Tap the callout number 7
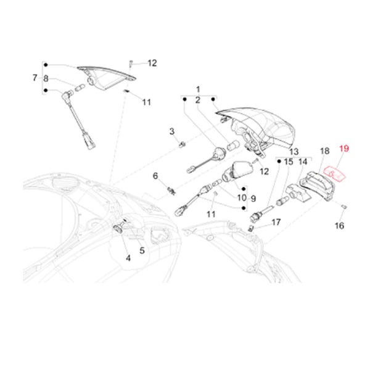point(35,78)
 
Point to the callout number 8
point(46,78)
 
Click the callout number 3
point(173,131)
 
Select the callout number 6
point(156,176)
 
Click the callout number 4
point(128,258)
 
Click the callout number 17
point(276,222)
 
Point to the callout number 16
point(339,226)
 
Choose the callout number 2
point(199,100)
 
